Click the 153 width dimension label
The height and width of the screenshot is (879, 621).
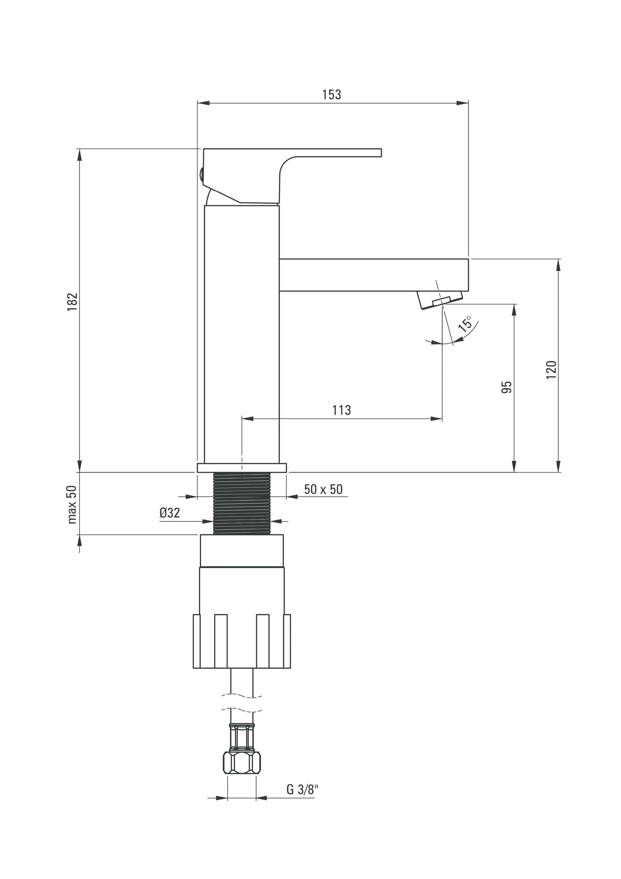(x=332, y=95)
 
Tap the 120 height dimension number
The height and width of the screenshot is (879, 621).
(x=551, y=369)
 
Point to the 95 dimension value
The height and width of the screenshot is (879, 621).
(x=507, y=387)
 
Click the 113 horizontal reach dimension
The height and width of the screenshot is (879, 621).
(x=342, y=410)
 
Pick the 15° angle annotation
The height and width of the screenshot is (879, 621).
(x=465, y=323)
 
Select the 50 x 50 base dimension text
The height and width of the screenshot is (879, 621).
(x=323, y=489)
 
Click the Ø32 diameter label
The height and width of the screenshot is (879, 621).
(x=169, y=513)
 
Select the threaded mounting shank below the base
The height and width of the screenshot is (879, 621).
(x=242, y=503)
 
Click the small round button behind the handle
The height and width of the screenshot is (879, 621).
(x=201, y=174)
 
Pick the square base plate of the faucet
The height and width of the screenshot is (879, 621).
(x=242, y=467)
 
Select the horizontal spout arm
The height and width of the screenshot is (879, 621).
(x=374, y=275)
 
